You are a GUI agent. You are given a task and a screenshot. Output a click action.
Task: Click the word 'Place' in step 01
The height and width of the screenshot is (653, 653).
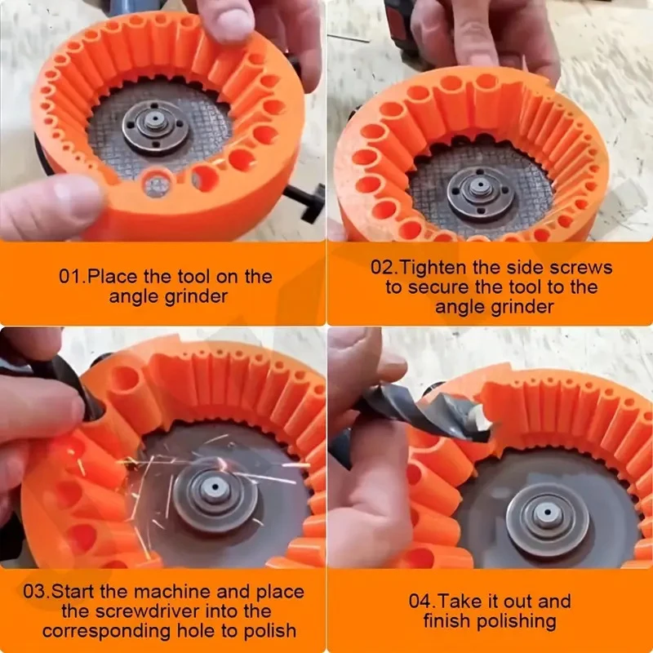click(112, 276)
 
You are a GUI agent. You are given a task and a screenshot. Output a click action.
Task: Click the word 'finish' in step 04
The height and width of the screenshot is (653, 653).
click(446, 621)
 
